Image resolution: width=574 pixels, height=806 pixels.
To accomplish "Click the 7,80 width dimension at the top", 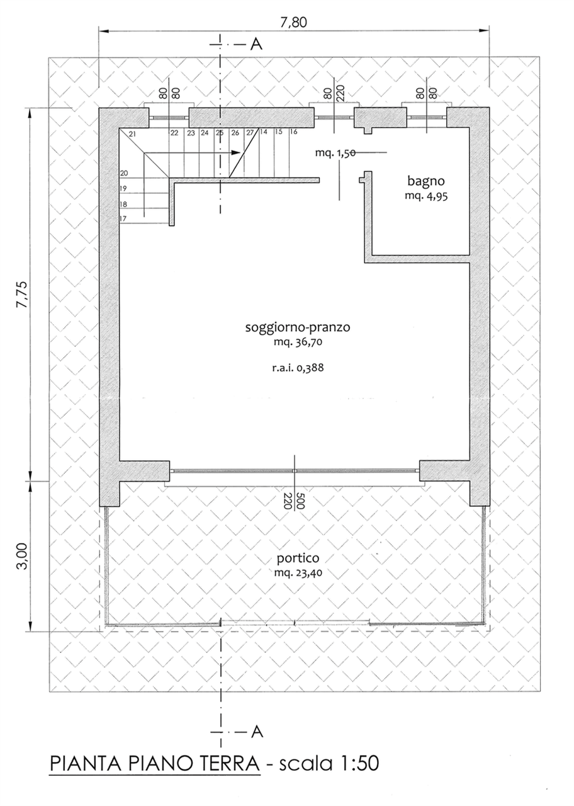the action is [x=293, y=22].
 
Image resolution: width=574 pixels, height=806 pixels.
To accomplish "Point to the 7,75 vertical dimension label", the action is [x=21, y=294].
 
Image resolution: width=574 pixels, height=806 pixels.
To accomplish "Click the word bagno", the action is [x=426, y=181].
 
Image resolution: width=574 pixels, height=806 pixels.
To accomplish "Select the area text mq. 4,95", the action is [x=426, y=196].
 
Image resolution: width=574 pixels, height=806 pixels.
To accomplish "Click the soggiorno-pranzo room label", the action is [x=298, y=327].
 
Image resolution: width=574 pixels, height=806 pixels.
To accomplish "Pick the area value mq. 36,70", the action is [x=298, y=342].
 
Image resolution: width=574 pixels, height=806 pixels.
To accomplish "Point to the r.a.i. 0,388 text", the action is [x=298, y=368].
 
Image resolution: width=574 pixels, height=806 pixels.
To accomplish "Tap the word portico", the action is [x=298, y=558].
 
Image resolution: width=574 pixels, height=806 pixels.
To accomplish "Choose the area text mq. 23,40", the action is [x=298, y=572].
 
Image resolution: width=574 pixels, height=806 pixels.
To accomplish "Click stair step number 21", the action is [x=132, y=134].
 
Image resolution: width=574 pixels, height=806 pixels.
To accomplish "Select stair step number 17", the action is [x=123, y=219].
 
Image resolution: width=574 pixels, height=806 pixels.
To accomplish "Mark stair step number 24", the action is [x=205, y=133].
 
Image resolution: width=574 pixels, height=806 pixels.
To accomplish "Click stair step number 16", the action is [x=293, y=132].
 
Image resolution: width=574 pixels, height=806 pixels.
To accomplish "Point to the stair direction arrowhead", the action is [x=236, y=152].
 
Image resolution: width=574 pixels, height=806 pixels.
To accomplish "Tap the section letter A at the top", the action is [x=256, y=44].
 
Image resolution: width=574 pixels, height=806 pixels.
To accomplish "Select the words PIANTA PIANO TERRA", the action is [x=155, y=763].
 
